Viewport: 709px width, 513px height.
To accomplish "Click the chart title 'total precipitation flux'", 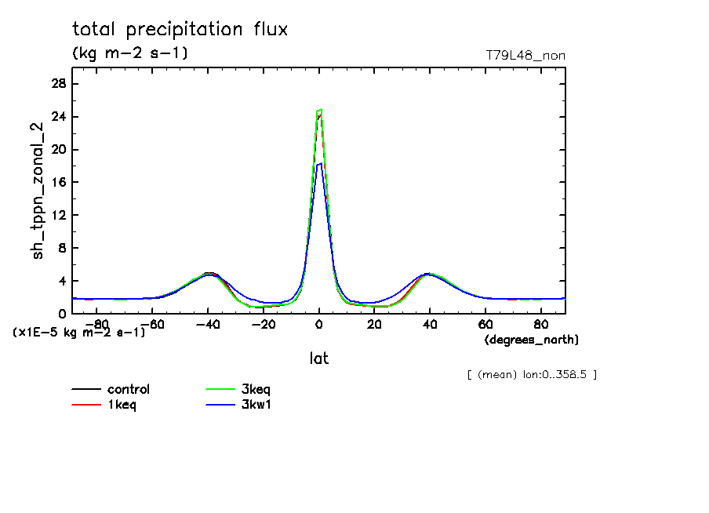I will coord(180,30).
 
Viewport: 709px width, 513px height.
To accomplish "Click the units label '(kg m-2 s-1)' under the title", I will coord(130,53).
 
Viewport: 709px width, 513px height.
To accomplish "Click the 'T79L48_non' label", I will coord(525,55).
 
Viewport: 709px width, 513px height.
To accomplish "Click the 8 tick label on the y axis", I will coord(61,248).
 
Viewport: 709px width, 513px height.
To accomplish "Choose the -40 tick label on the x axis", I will coord(207,324).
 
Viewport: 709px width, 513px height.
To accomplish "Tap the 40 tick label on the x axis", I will coord(430,324).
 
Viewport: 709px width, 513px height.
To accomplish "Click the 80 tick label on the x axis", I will coord(540,324).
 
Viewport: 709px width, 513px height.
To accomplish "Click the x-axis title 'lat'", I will coord(318,358).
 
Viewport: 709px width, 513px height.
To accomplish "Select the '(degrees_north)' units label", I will coord(531,340).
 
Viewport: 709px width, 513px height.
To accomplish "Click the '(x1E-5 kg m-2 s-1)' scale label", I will coord(79,333).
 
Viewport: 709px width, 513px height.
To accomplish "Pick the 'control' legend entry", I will coord(128,389).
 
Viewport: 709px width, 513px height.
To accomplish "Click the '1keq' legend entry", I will coord(122,405).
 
